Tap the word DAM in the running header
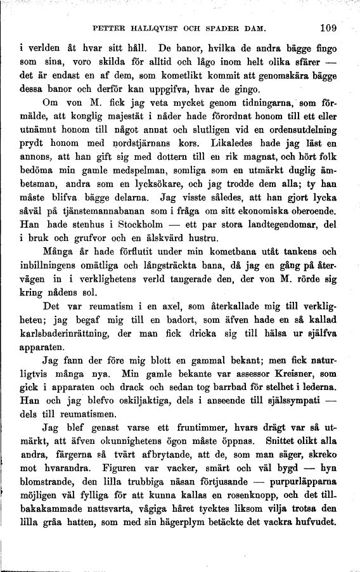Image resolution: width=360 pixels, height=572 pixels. [x=255, y=29]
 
